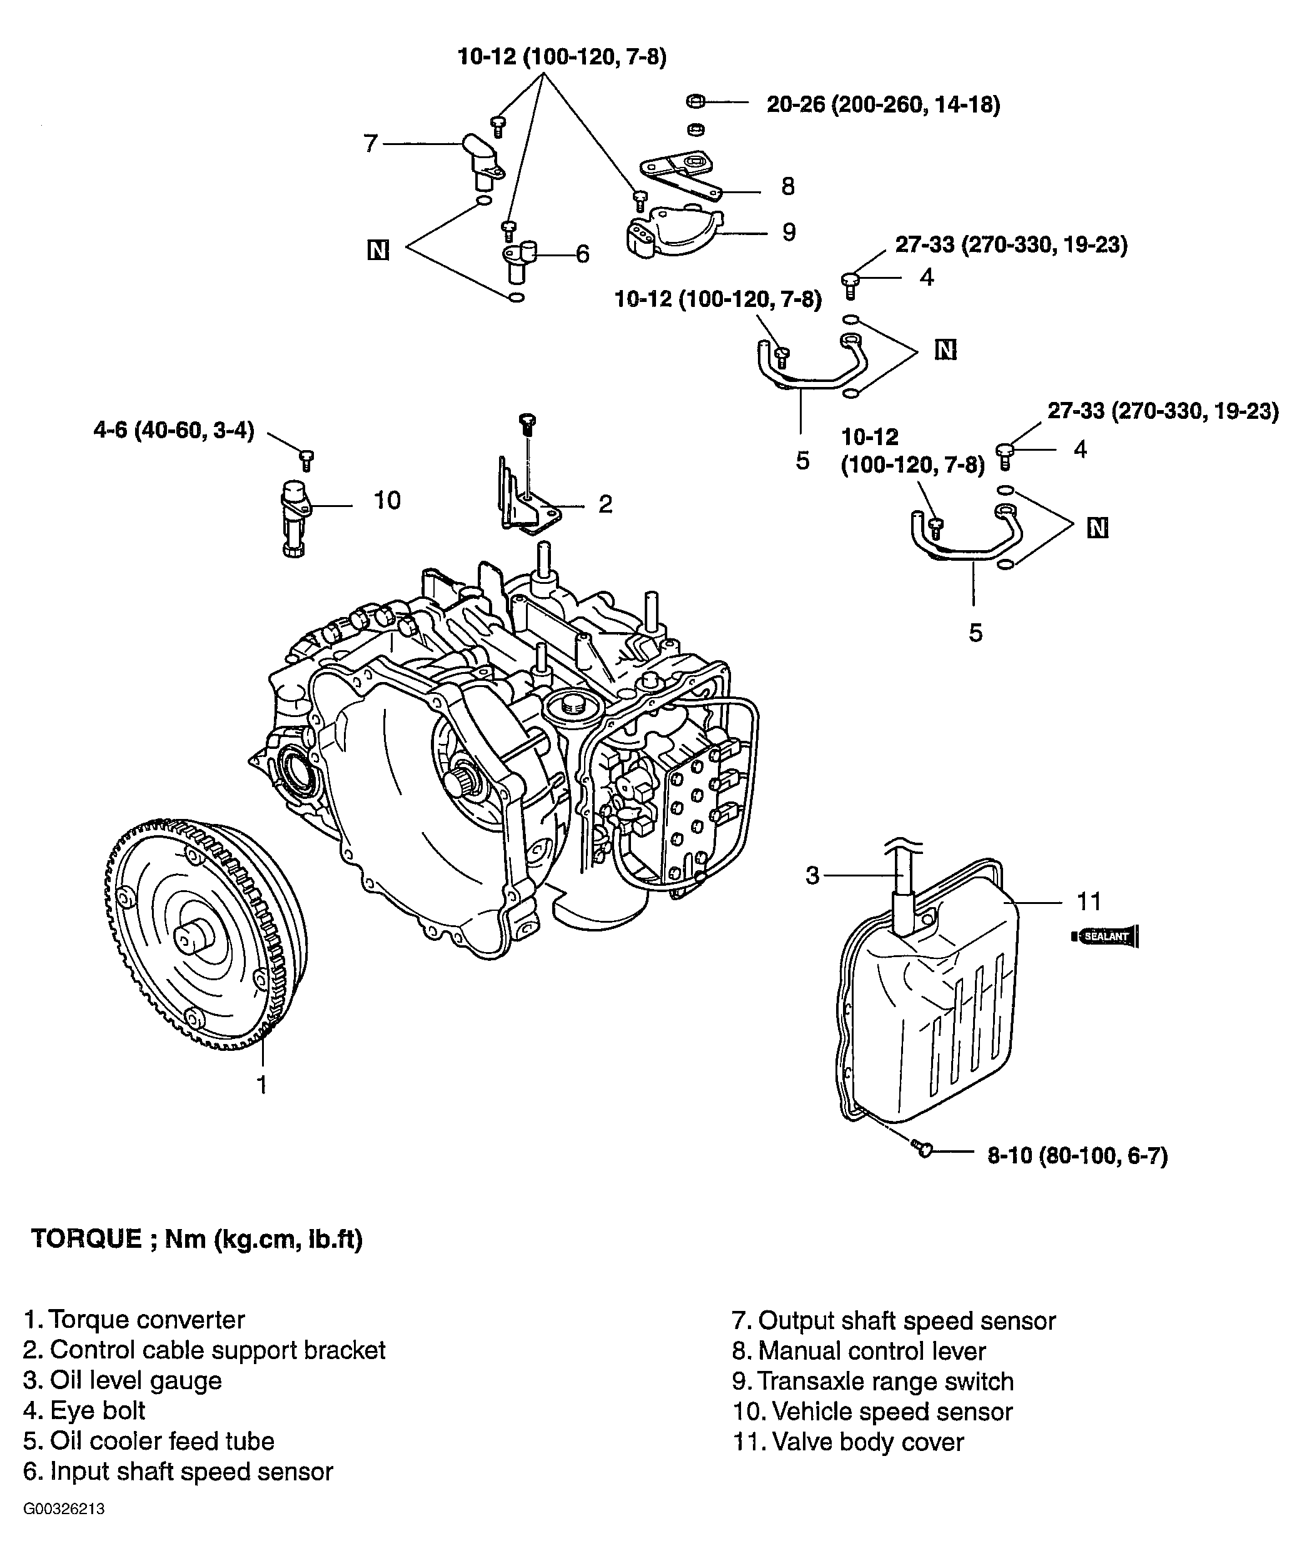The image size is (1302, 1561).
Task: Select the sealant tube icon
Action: (1106, 936)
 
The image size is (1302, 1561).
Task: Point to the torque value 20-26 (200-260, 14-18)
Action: (884, 105)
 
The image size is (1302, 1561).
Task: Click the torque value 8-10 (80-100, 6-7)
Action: (1077, 1156)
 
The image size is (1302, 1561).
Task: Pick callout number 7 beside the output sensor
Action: (371, 143)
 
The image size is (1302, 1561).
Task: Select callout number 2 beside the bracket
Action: (605, 504)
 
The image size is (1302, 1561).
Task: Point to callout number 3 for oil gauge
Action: (813, 875)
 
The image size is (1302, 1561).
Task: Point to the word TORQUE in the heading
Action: (86, 1239)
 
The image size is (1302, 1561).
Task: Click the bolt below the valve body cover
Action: (922, 1149)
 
